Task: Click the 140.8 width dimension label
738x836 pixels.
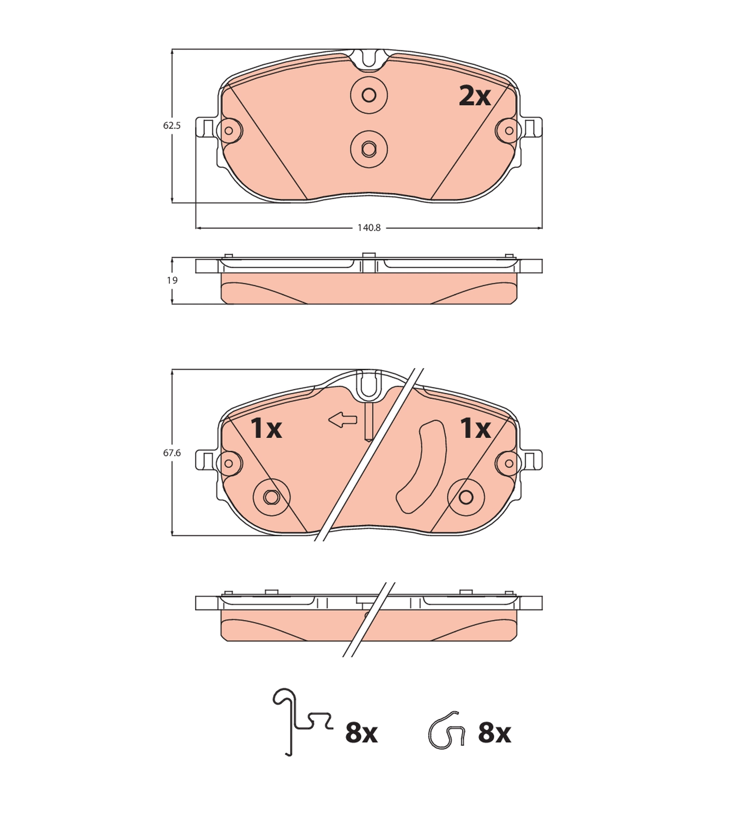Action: coord(369,228)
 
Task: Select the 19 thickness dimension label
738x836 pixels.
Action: coord(172,280)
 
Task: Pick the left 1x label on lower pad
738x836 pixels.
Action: coord(266,429)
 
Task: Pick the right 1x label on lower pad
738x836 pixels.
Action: coord(475,428)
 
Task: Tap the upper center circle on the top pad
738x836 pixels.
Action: coord(369,95)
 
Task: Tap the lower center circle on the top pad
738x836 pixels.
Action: coord(369,149)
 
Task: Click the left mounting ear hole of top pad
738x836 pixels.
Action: coord(229,131)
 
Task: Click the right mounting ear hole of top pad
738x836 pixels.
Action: coord(509,131)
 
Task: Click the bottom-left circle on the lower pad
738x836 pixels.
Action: coord(271,497)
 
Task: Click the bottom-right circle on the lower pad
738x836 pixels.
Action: coord(466,497)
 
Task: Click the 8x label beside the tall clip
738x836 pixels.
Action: coord(361,733)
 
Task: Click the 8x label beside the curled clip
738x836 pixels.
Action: coord(494,733)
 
